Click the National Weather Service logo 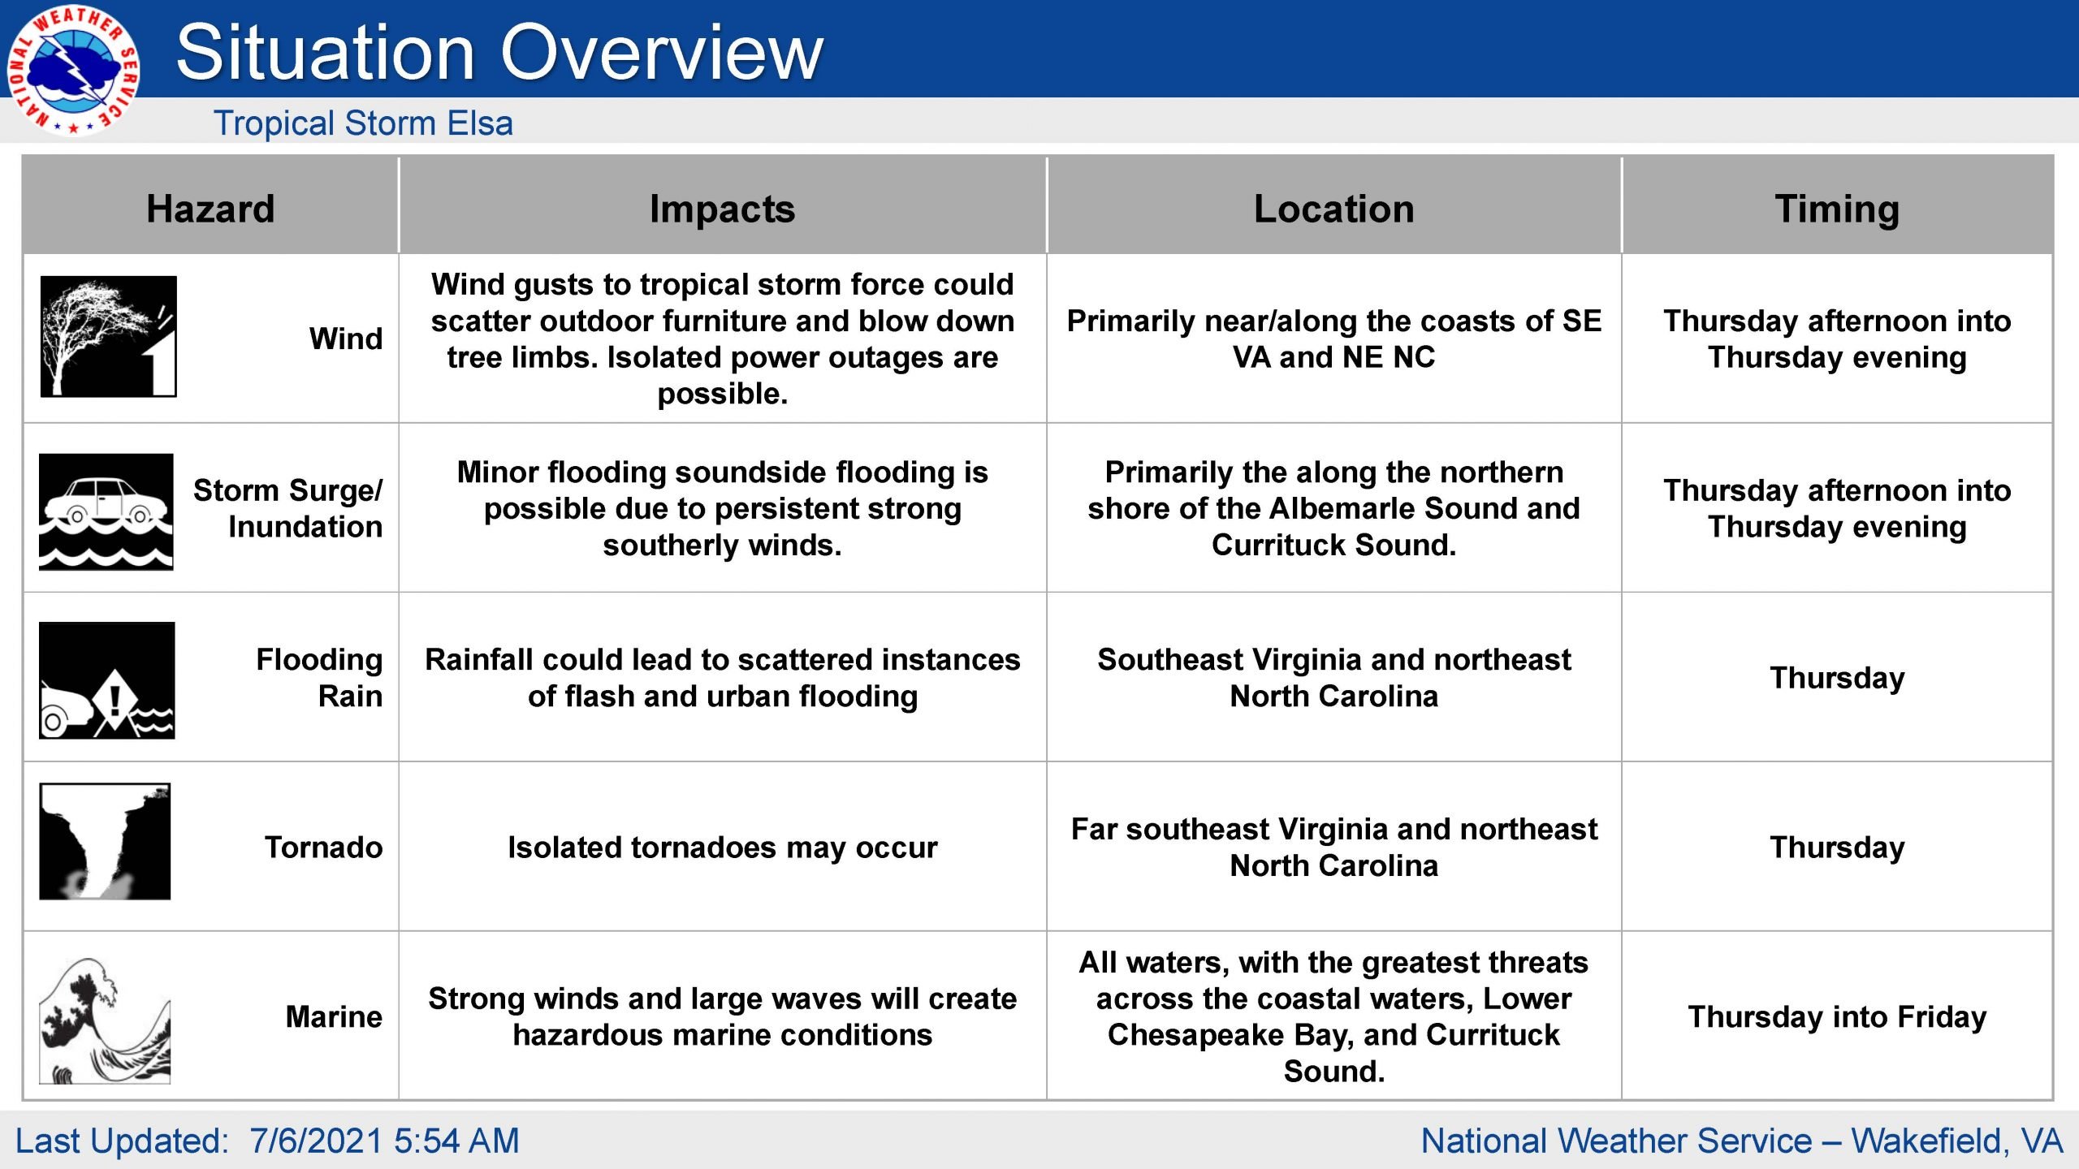pos(73,71)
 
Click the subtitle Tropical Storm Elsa pos(363,123)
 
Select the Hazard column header pos(210,209)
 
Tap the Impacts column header pos(722,209)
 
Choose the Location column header pos(1333,209)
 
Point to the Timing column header pos(1837,209)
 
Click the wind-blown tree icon pos(108,336)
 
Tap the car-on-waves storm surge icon pos(106,511)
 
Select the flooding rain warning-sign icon pos(106,680)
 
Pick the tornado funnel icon pos(105,841)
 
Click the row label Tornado pos(323,847)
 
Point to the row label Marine pos(334,1016)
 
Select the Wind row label pos(346,339)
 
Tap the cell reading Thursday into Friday pos(1837,1017)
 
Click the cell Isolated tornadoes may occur pos(722,848)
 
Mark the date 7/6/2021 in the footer pos(316,1141)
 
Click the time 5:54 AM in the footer pos(456,1141)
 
